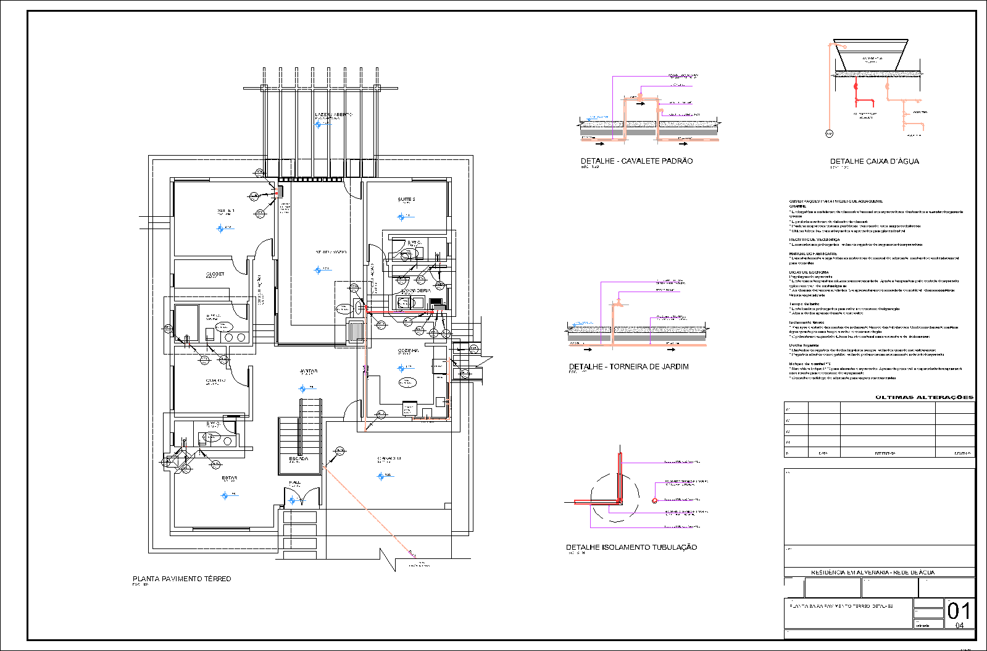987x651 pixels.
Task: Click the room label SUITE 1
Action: pos(225,211)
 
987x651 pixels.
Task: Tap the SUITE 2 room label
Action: pos(406,199)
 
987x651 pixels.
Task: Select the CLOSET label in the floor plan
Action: pos(215,274)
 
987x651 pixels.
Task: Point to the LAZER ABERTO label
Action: pos(333,115)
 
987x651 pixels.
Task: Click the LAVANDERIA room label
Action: pos(416,290)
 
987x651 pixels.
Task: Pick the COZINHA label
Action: pos(408,350)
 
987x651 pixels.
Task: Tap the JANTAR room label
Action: pos(309,371)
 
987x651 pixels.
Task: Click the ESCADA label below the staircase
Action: pos(299,459)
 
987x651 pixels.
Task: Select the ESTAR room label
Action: pos(229,478)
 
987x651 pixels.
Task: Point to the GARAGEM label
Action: pos(389,458)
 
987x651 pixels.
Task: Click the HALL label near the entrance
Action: pos(295,482)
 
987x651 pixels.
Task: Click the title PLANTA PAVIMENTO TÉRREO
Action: pos(181,579)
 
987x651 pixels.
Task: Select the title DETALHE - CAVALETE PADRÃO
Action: pos(636,161)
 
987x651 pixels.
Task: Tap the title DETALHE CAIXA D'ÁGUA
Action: pos(874,161)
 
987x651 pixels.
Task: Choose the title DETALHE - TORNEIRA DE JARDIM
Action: pos(628,367)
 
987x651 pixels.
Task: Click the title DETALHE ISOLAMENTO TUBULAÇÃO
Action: pos(631,547)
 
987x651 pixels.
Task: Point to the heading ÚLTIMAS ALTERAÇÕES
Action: pos(924,398)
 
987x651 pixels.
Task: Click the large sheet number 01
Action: pos(959,611)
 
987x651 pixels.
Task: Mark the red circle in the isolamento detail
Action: pos(654,500)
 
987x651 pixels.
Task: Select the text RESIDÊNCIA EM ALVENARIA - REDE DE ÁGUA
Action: pos(872,573)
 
